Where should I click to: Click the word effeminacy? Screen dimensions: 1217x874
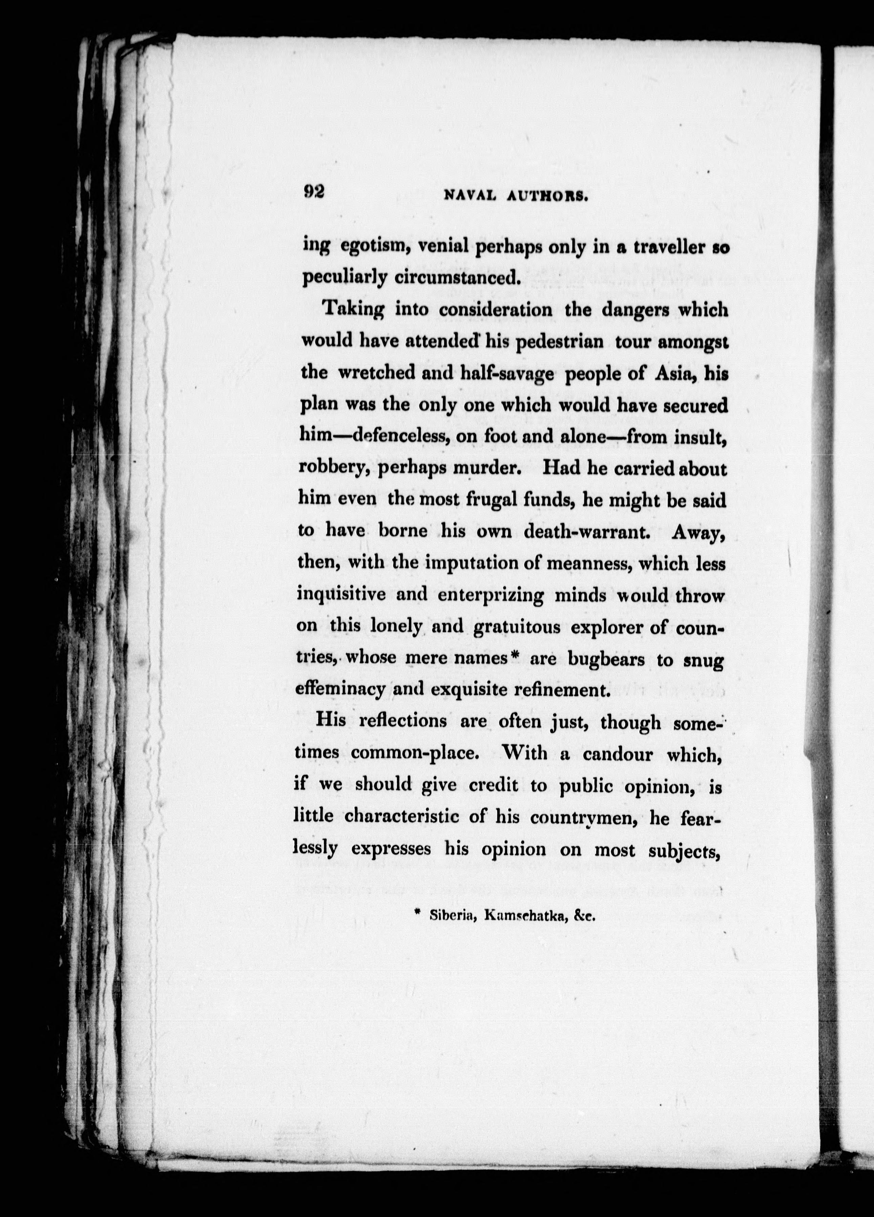coord(340,690)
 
